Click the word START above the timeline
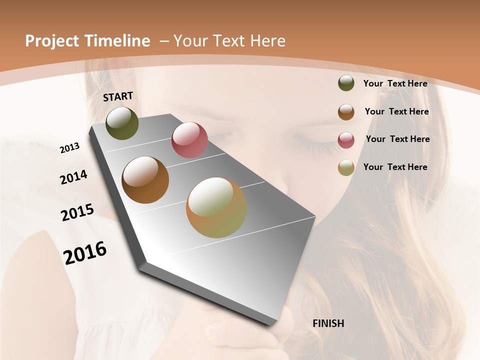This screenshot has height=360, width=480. click(x=118, y=96)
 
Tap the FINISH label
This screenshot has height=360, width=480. click(x=328, y=323)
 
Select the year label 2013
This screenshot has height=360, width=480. click(x=69, y=147)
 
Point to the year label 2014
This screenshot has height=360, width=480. click(x=73, y=177)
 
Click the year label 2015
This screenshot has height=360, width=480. click(x=77, y=212)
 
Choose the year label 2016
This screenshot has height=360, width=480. click(x=85, y=252)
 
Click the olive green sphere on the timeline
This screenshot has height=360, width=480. click(x=122, y=123)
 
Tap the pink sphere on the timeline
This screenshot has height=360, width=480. click(x=189, y=140)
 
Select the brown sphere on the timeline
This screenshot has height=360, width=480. click(x=145, y=180)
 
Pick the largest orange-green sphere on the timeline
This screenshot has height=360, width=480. click(x=216, y=207)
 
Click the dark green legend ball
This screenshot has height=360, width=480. click(x=346, y=83)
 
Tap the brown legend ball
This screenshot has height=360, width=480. click(x=346, y=111)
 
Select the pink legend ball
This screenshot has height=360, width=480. click(x=346, y=139)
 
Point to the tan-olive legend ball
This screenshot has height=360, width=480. click(x=346, y=167)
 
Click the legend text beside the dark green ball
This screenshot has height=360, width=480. click(x=395, y=83)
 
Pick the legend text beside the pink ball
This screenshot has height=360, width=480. click(x=397, y=139)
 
